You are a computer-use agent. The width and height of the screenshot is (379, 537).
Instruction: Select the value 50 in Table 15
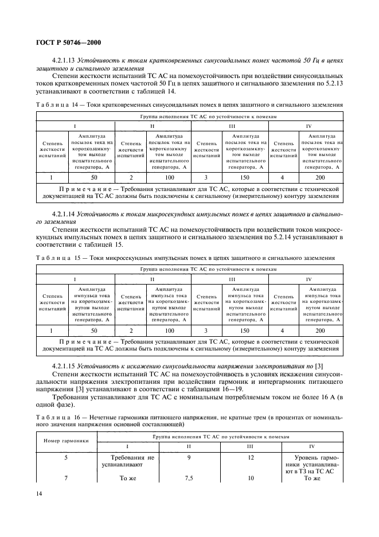(x=95, y=330)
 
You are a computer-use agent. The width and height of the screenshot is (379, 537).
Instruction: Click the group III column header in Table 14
(x=231, y=126)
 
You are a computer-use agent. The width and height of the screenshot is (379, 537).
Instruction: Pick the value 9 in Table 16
(x=190, y=457)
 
